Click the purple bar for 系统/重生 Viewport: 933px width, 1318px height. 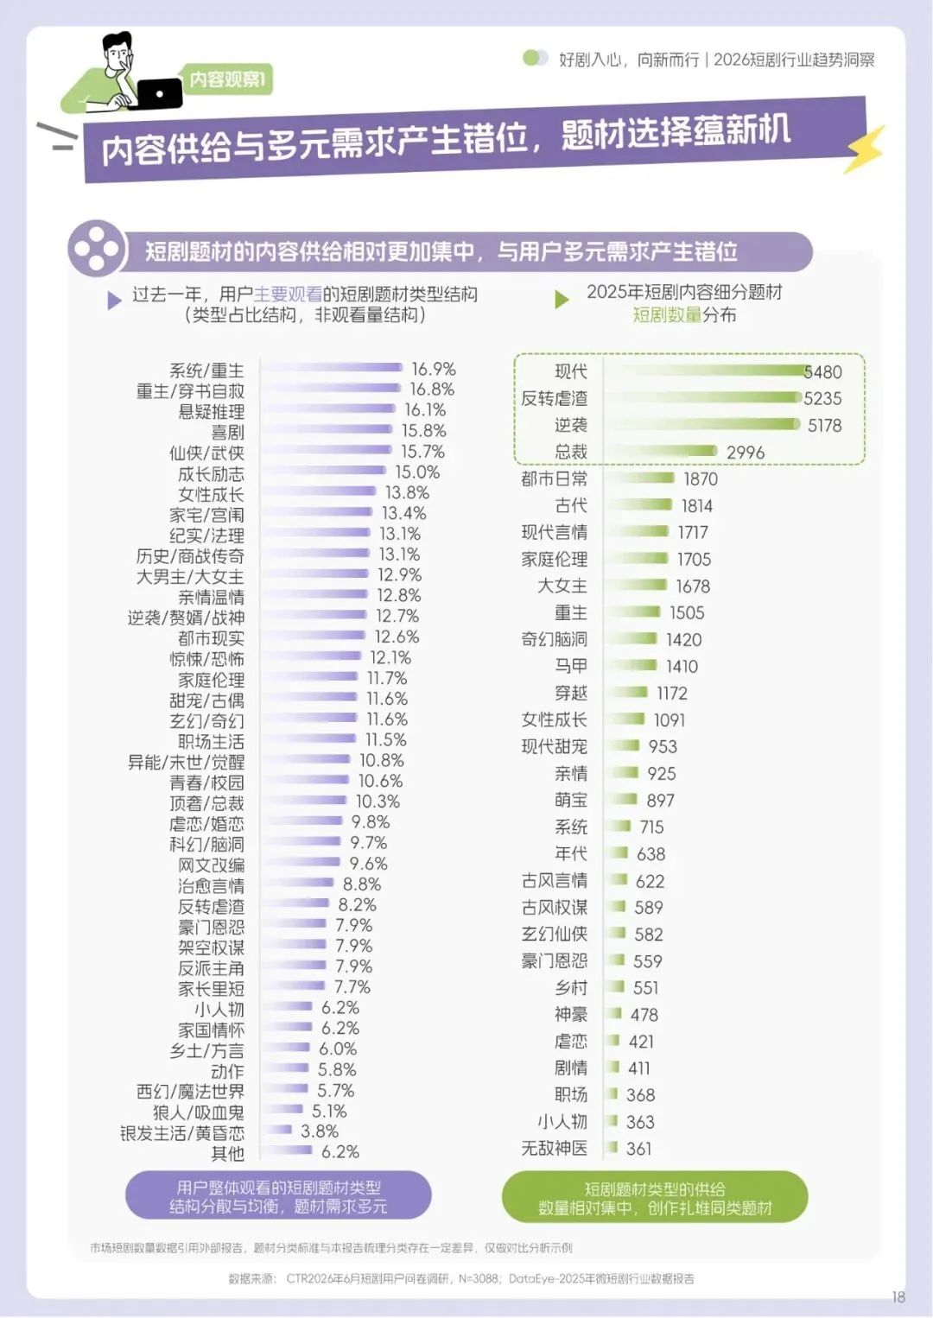tap(332, 368)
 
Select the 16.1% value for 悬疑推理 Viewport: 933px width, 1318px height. tap(425, 409)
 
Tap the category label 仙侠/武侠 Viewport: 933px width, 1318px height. tap(206, 453)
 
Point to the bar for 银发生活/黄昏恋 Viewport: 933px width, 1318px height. tap(277, 1129)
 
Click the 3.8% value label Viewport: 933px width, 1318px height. tap(320, 1131)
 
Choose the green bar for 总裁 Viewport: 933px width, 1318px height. tap(663, 452)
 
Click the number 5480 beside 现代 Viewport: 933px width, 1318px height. tap(823, 372)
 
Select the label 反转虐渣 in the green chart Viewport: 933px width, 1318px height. tap(554, 398)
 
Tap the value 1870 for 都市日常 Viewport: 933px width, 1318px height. tap(701, 479)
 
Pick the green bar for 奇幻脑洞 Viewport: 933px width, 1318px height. tap(632, 638)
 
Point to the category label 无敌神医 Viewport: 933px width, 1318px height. tap(554, 1147)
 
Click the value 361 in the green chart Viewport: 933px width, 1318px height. tap(638, 1148)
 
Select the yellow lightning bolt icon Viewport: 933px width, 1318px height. tap(864, 149)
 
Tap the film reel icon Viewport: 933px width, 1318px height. tap(97, 248)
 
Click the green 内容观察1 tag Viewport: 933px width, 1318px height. tap(227, 79)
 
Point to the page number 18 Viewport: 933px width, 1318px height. tap(898, 1296)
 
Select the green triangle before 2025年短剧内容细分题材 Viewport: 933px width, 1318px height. tap(562, 300)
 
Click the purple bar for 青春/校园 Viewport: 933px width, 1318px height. tap(306, 780)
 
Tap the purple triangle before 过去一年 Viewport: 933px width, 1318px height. tap(114, 301)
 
